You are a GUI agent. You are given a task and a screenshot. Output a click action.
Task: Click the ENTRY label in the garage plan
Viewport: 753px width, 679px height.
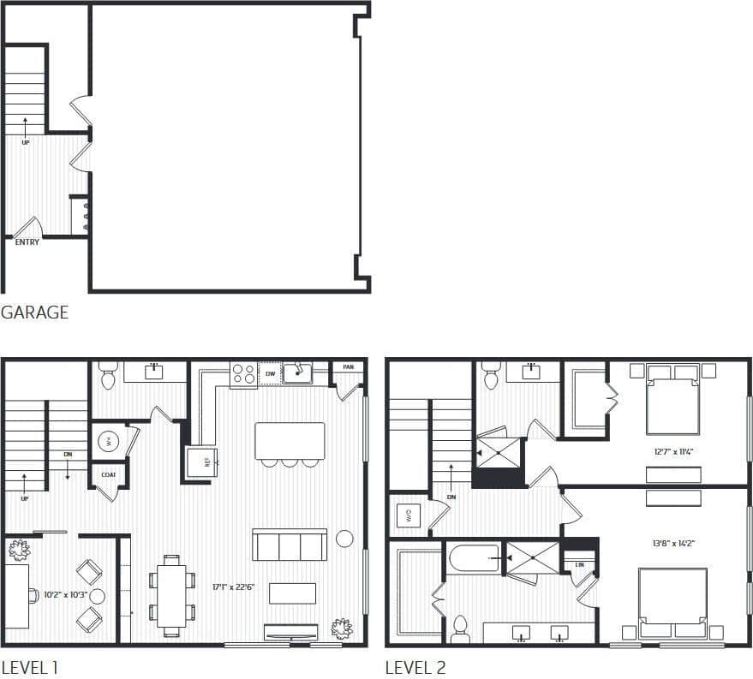[27, 242]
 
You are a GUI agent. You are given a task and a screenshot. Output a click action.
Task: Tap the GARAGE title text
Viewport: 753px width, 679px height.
[34, 313]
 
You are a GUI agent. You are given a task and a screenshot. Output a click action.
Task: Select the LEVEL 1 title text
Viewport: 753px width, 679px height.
[30, 667]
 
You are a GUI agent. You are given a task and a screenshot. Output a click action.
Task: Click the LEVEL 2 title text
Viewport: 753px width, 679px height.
[415, 667]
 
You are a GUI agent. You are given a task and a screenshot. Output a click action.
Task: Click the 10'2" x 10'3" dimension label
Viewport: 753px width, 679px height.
[58, 594]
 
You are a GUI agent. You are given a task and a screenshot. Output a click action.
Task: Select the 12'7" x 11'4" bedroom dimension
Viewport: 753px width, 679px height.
[672, 450]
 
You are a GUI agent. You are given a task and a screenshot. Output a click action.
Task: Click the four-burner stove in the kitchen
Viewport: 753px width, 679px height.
[242, 374]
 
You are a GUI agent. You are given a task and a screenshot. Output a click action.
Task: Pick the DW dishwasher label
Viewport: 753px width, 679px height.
[271, 374]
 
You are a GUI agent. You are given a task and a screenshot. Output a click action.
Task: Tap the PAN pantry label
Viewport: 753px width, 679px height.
[348, 367]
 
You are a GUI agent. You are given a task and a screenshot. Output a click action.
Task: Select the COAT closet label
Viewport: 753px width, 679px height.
[108, 474]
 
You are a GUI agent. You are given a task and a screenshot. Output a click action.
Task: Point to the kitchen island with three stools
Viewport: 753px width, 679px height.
[290, 441]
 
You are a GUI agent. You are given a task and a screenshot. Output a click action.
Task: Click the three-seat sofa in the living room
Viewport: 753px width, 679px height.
[290, 545]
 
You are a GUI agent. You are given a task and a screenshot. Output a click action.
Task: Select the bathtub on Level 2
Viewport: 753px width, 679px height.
[475, 560]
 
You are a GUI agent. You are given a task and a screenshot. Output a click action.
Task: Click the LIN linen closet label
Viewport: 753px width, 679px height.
[579, 565]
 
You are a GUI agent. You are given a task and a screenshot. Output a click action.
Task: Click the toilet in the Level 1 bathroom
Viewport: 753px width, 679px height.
[108, 377]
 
